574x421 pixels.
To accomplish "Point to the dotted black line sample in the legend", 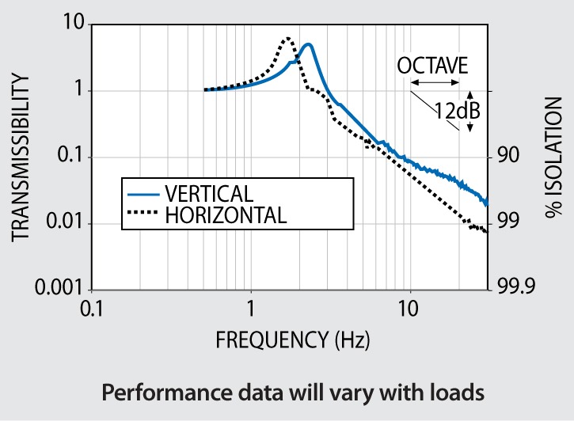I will click(143, 214).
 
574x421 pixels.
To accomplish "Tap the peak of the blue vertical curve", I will click(309, 45).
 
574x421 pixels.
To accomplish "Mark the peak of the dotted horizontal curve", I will click(288, 37).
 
